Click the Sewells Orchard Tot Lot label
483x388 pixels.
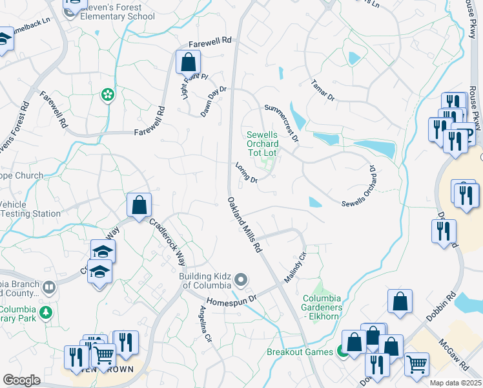tap(262, 144)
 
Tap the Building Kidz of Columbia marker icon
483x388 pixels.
tap(241, 280)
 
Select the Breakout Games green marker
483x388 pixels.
tap(340, 352)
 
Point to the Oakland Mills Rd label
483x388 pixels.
tap(245, 224)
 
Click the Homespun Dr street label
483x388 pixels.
tap(232, 301)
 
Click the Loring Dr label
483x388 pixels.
tap(247, 173)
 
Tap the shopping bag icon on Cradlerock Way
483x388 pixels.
tap(139, 206)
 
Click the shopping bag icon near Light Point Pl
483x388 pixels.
tap(188, 63)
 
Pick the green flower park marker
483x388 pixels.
tap(107, 96)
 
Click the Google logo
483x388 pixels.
tap(21, 380)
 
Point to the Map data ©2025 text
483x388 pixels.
tap(455, 383)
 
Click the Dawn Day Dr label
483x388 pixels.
tap(214, 98)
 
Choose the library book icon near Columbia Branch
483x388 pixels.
tap(49, 286)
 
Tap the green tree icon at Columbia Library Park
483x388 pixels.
tap(45, 314)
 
